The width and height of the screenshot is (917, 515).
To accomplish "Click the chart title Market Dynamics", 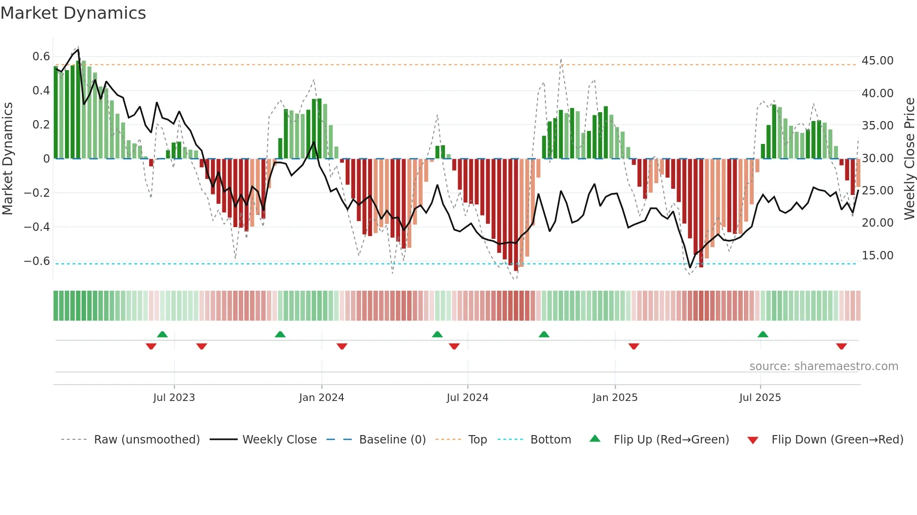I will click(73, 13).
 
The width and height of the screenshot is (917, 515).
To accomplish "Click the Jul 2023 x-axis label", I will click(174, 398).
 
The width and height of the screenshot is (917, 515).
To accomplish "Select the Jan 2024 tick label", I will click(321, 398).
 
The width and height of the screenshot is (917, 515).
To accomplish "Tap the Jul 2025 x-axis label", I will click(760, 398).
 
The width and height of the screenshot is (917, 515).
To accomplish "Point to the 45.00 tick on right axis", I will click(877, 61).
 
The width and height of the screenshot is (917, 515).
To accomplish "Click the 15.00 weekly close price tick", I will click(877, 256).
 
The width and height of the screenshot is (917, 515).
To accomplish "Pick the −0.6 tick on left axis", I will click(37, 261).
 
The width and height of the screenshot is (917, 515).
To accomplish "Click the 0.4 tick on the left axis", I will click(41, 91).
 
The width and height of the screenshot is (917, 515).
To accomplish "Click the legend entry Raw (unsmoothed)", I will click(146, 440).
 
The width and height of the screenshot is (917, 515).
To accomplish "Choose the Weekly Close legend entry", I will click(279, 440).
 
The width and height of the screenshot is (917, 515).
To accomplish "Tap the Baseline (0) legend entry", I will click(392, 440).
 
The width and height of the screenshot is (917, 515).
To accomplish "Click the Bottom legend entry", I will click(550, 440).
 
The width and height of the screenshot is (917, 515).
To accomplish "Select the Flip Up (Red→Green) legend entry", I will click(671, 440).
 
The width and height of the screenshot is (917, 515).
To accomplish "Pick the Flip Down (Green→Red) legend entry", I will click(837, 440).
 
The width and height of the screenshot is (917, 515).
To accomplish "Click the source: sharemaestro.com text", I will click(823, 366).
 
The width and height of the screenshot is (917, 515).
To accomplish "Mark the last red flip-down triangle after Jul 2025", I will click(841, 346).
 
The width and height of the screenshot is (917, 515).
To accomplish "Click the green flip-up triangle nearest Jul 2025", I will click(763, 334).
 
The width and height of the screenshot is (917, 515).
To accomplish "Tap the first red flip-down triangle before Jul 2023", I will click(151, 346).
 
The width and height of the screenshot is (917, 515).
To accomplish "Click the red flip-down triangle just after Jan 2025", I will click(633, 346).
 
